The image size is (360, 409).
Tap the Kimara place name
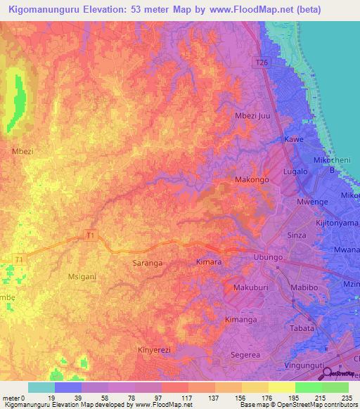(208, 262)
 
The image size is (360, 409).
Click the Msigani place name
(82, 277)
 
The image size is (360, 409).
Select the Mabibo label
(304, 287)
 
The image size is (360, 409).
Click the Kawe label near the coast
(293, 140)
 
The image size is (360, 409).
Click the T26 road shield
(261, 63)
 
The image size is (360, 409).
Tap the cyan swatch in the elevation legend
(41, 387)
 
